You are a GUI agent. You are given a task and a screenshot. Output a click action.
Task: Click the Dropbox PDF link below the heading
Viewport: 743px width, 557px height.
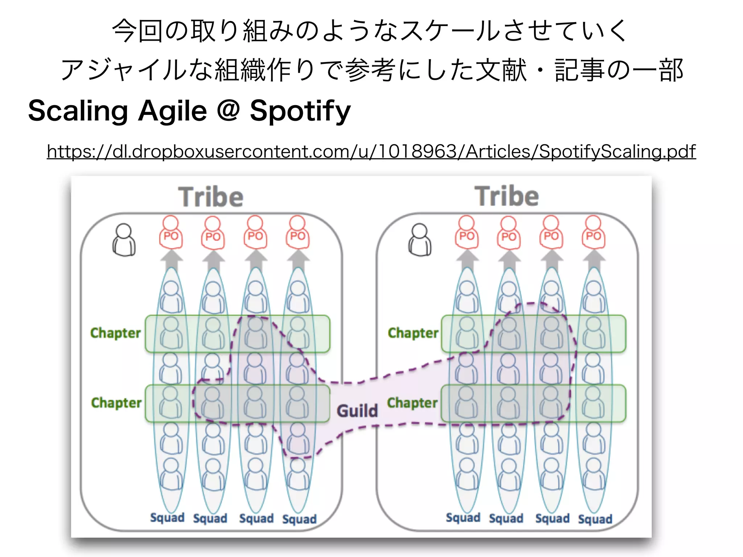click(x=371, y=152)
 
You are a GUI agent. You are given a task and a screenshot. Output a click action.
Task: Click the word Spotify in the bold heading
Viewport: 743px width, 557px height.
click(x=300, y=111)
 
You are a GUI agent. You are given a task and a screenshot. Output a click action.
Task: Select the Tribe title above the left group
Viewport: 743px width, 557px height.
click(x=211, y=197)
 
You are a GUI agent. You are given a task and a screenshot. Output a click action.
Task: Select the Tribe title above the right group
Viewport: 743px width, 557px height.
click(x=506, y=196)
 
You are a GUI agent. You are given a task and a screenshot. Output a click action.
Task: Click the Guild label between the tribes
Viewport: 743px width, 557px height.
click(x=357, y=411)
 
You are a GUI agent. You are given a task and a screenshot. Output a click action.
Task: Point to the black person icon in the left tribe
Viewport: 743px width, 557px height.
click(x=124, y=240)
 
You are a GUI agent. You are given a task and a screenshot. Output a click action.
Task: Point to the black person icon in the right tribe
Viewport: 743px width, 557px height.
click(x=420, y=240)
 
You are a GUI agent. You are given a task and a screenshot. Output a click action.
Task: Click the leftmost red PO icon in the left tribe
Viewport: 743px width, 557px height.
click(x=171, y=232)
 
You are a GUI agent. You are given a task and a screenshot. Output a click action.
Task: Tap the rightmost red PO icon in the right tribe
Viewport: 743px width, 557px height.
click(x=594, y=232)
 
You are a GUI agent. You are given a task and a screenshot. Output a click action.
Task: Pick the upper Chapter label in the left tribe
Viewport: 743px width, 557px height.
click(x=115, y=333)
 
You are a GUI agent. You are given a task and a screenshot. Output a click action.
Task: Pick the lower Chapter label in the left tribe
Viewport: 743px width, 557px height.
click(x=116, y=403)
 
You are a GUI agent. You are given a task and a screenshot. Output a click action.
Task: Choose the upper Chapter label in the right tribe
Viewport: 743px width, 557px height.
click(x=413, y=333)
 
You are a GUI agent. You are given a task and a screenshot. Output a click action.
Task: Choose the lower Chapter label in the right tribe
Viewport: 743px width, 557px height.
click(x=412, y=403)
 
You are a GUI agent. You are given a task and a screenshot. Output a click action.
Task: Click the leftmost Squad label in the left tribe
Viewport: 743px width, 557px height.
click(x=167, y=518)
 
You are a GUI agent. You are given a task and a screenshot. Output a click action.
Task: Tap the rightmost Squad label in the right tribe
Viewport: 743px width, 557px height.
click(x=595, y=519)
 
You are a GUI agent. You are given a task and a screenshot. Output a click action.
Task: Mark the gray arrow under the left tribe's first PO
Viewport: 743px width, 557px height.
click(x=171, y=260)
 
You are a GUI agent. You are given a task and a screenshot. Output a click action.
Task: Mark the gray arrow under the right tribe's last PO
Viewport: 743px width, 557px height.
click(x=594, y=260)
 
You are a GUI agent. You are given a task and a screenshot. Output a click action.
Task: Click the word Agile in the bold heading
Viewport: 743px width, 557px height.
click(x=172, y=111)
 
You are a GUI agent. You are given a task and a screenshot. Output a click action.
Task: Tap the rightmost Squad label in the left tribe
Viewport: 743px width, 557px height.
click(x=299, y=519)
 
